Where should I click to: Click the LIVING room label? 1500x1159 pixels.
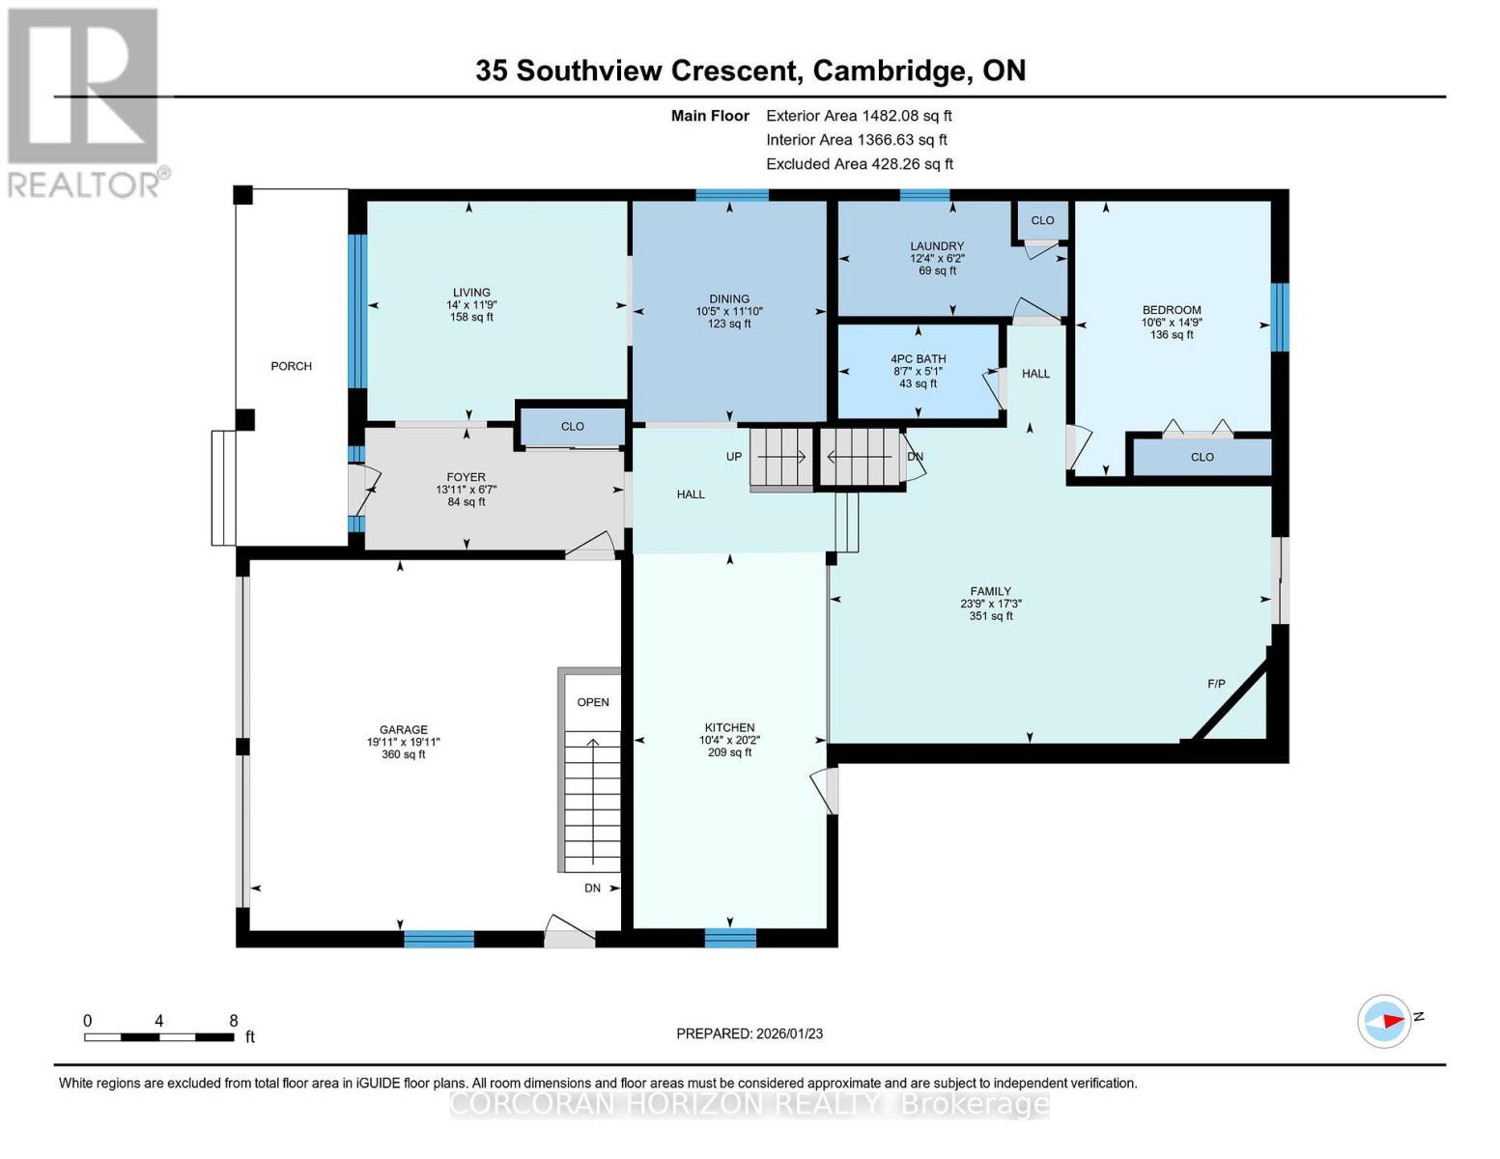tap(471, 293)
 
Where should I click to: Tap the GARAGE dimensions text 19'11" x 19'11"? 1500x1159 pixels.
tap(403, 742)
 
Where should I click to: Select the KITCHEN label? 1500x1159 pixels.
tap(729, 727)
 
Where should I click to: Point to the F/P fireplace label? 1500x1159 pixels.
tap(1216, 684)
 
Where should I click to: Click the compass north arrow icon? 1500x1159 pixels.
tap(1385, 1020)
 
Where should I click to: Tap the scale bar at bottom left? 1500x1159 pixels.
tap(158, 1036)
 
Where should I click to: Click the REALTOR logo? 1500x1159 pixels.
tap(84, 101)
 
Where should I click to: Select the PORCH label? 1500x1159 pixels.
tap(291, 366)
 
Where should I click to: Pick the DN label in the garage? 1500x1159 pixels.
tap(592, 888)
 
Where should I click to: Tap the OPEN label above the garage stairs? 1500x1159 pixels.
tap(593, 702)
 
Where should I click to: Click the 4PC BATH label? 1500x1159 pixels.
tap(918, 359)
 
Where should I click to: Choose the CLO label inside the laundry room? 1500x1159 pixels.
tap(1042, 220)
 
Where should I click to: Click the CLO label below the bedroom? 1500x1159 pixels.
tap(1202, 457)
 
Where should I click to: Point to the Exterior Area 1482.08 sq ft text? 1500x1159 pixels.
tap(859, 115)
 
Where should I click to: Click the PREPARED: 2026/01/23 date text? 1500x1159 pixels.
tap(750, 1033)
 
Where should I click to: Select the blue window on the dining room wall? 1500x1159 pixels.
tap(732, 195)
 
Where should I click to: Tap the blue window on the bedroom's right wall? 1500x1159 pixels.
tap(1280, 317)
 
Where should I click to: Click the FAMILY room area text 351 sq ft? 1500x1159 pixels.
tap(991, 615)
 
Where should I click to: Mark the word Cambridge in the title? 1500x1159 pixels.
tap(889, 71)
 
